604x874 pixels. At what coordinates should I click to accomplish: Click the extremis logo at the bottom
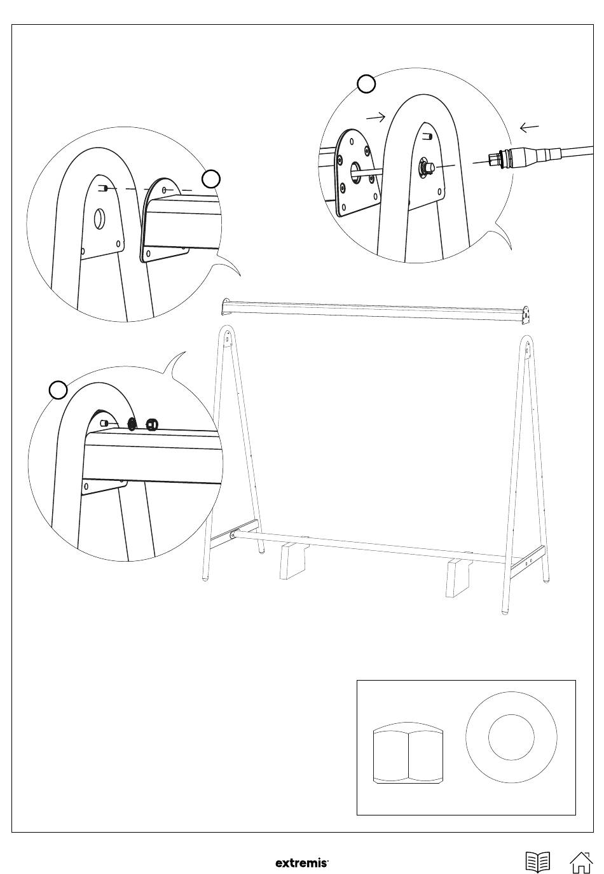302,863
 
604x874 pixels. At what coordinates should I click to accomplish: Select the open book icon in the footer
538,862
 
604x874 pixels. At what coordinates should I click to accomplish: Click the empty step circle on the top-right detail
366,84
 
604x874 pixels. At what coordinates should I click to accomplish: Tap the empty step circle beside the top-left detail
211,179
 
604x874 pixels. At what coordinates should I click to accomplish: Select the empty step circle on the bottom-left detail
58,390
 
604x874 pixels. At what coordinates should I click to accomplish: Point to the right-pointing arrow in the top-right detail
376,116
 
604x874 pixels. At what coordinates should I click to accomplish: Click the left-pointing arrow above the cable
529,128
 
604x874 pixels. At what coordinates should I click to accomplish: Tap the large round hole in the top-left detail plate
99,219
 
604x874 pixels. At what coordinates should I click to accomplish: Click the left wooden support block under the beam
292,560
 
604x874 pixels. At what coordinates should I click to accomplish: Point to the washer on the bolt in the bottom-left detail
133,424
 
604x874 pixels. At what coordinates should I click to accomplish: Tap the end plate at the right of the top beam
526,316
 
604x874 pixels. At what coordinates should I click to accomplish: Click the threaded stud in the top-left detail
104,189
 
